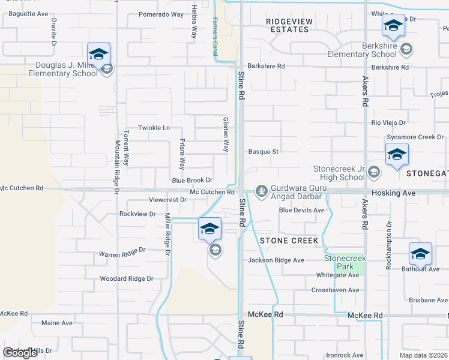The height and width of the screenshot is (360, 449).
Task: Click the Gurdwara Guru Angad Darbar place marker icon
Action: (x=261, y=190)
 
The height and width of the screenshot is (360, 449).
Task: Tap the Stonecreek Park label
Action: (x=341, y=262)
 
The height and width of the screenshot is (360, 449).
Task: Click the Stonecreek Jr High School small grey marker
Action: (x=374, y=173)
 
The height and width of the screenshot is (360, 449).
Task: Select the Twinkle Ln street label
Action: (x=154, y=128)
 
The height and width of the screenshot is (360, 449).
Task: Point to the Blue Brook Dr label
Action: (x=192, y=180)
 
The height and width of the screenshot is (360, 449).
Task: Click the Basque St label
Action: (x=263, y=152)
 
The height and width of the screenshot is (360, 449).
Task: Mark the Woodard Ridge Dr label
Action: (x=127, y=278)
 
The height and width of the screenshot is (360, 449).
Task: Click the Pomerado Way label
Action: (x=161, y=14)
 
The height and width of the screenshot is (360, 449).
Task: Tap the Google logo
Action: (x=20, y=353)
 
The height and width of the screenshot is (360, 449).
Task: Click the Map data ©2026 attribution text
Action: (x=423, y=355)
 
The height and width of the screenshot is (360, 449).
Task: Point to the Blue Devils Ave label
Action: (x=301, y=210)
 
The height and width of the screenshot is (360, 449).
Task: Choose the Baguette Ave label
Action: (x=25, y=13)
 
